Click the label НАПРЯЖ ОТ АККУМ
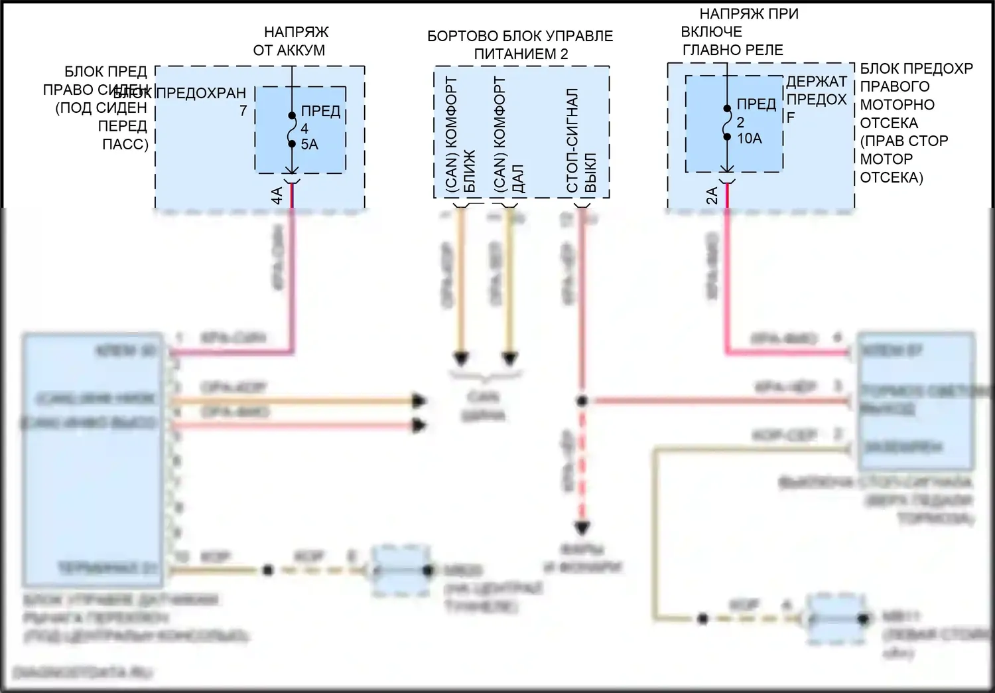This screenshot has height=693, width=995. [x=289, y=41]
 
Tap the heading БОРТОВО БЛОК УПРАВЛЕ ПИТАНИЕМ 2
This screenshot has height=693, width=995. [x=520, y=45]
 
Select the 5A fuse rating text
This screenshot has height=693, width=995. [x=309, y=144]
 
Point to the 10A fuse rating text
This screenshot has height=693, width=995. [x=749, y=139]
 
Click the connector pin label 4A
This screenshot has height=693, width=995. [x=277, y=195]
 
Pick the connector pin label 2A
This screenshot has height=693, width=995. [x=712, y=195]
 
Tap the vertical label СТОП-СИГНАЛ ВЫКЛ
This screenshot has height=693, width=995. [x=582, y=141]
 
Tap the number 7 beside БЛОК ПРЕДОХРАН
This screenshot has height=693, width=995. [x=243, y=111]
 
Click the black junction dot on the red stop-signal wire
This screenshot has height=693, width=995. [x=582, y=401]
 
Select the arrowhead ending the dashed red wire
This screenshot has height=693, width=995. [x=582, y=528]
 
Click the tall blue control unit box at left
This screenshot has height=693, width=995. [x=93, y=460]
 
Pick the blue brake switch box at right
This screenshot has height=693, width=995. [x=916, y=402]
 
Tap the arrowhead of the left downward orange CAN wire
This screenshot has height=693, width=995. [x=461, y=359]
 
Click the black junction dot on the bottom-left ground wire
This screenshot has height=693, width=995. [x=267, y=570]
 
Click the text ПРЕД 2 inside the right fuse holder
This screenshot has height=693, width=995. [x=755, y=113]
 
